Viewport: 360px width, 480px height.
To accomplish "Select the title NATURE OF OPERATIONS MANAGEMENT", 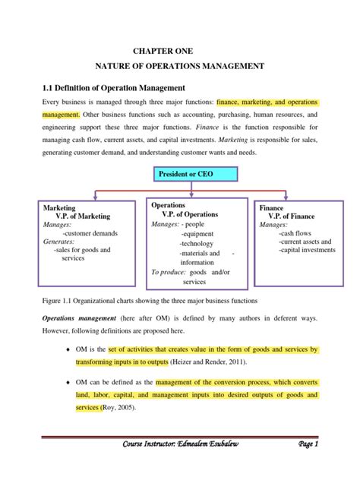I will [180, 66].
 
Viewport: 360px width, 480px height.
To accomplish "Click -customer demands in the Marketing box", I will [86, 233].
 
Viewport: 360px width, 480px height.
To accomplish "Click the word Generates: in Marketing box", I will [58, 242].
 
